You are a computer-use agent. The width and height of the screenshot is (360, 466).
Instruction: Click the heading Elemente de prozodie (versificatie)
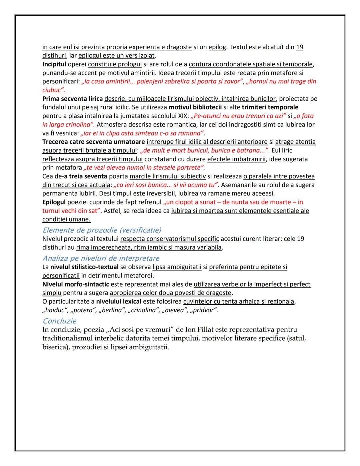102,230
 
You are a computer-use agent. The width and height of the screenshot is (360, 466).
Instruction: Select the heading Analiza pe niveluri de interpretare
101,258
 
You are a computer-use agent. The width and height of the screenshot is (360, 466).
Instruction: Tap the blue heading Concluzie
59,321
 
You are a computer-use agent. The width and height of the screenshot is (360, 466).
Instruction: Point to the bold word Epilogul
54,202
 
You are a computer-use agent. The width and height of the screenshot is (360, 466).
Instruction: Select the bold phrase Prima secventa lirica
72,99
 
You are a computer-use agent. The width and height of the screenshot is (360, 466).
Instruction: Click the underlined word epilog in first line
217,47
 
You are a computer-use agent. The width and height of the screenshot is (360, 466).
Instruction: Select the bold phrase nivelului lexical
119,302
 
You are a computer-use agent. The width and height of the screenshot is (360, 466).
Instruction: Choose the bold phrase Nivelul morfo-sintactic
76,284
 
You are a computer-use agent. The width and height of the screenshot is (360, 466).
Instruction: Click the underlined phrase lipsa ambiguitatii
177,267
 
